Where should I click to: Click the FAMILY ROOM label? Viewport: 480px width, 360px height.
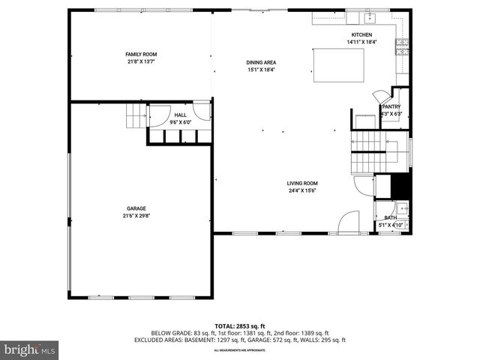click(140, 54)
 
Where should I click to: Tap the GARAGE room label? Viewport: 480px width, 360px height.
click(136, 208)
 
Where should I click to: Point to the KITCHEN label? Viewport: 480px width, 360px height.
click(361, 35)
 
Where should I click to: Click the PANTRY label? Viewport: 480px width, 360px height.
click(391, 106)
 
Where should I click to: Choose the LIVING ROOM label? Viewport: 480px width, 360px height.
click(302, 183)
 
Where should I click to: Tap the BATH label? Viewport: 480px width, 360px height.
click(391, 217)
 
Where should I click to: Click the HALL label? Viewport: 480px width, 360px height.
click(181, 115)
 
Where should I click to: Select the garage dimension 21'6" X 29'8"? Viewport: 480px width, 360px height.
click(136, 216)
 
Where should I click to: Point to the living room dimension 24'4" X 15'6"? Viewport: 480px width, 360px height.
click(302, 190)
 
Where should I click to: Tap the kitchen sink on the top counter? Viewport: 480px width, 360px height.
click(370, 16)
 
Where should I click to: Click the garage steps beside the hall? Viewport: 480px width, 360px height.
click(136, 118)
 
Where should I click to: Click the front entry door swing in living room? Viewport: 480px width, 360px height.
click(350, 223)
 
